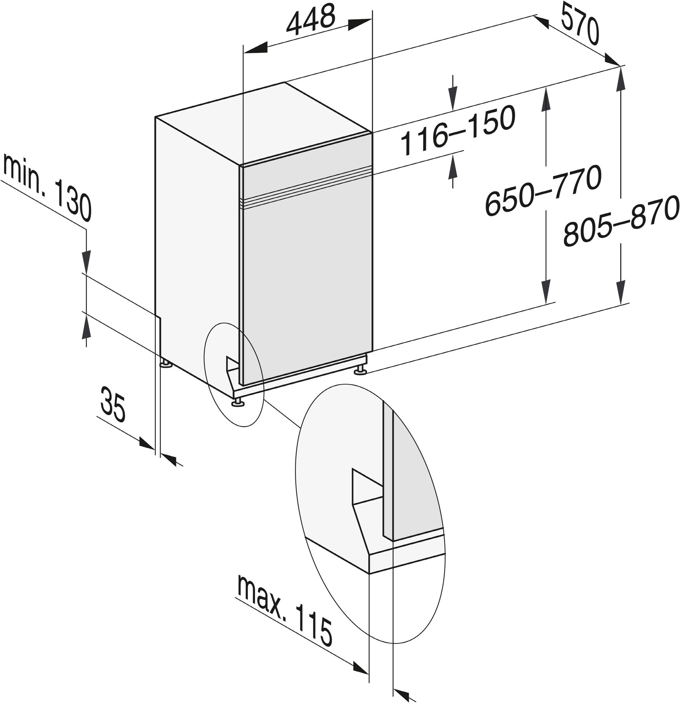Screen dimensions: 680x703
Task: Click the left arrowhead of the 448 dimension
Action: click(255, 48)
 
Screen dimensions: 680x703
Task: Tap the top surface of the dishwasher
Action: click(264, 124)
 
